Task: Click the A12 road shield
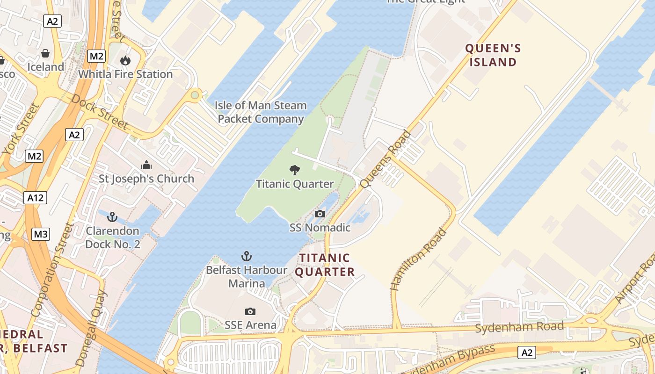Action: click(35, 198)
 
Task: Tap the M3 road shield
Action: click(41, 234)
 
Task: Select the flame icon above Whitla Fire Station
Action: click(125, 60)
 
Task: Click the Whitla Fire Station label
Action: click(125, 74)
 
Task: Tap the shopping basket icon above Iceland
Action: click(45, 53)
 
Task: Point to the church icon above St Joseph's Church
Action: click(146, 165)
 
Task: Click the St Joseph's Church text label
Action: click(146, 179)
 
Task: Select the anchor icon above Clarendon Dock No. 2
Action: click(112, 217)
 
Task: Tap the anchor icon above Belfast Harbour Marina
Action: click(246, 256)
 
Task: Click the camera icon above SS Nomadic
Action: click(320, 214)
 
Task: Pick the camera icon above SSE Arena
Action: click(250, 311)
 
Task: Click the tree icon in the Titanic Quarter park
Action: click(295, 170)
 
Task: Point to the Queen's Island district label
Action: click(493, 55)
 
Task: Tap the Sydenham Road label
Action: click(519, 327)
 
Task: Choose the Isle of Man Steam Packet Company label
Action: click(261, 112)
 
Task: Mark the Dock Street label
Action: click(100, 111)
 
